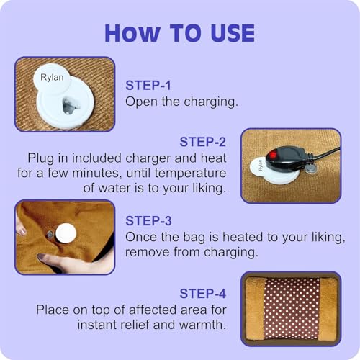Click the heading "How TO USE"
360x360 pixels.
coord(179,32)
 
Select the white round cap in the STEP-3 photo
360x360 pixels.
coord(66,233)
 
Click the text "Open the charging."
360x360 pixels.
coord(181,102)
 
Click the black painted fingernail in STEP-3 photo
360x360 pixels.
coord(40,257)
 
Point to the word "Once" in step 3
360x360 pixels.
coord(141,237)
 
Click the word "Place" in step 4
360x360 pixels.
coord(53,309)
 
